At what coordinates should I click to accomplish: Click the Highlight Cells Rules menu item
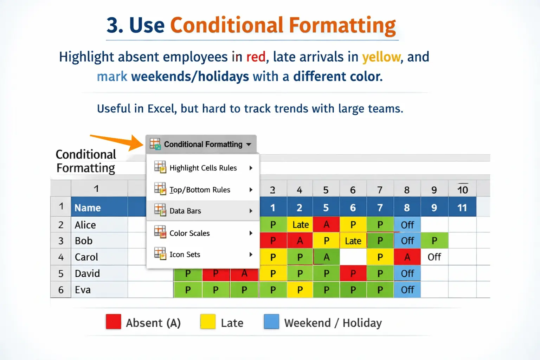203,168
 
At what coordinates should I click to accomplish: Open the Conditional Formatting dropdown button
201,144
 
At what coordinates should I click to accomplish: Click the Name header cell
99,208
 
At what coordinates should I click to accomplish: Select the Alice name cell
99,225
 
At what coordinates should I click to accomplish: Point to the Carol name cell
99,257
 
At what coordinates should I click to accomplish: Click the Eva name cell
99,290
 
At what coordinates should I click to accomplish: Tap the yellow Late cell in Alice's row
300,225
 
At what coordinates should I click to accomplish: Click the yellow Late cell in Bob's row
353,241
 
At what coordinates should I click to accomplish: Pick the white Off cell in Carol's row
434,257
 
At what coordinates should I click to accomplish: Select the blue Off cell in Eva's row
407,290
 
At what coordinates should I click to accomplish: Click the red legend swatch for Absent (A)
114,322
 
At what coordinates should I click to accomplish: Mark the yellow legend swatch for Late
208,322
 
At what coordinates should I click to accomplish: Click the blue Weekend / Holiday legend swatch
271,322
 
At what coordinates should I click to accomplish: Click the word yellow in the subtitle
381,57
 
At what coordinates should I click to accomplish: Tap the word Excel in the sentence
161,109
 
